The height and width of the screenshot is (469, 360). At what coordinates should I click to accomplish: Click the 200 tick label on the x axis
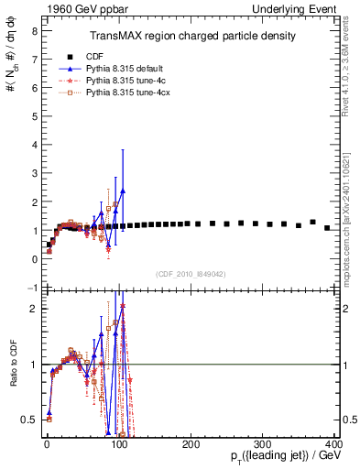coord(191,444)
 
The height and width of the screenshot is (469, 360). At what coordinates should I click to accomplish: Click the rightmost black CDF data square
coord(327,227)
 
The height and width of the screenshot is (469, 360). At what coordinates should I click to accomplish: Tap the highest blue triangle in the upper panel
coord(122,191)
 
